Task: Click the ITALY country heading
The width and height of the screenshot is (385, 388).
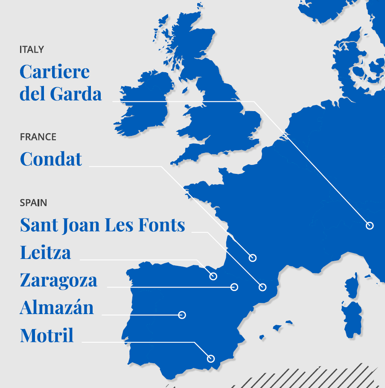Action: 32,50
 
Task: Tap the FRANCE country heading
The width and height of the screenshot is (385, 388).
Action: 38,137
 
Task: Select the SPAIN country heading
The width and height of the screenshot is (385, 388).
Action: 33,203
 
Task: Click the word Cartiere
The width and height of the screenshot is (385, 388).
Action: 55,72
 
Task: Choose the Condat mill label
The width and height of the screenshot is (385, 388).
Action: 51,159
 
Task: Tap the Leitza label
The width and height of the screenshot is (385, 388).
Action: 45,253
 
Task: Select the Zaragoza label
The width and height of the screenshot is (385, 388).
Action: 58,280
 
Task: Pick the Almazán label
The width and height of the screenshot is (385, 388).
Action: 57,308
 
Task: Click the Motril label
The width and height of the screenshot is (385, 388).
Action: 47,335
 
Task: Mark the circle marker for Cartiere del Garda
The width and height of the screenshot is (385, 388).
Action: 370,226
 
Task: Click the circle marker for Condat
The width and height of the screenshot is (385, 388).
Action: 253,258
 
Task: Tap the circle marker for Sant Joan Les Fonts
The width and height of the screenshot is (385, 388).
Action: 262,287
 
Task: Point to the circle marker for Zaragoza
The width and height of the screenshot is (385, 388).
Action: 234,287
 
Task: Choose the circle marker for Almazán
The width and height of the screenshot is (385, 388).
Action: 182,315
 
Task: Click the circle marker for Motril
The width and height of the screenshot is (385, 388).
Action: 210,359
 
